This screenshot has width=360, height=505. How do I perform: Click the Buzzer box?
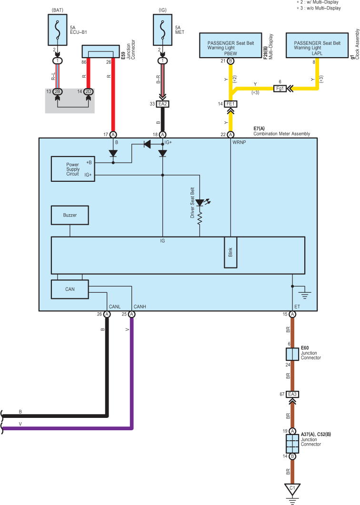[70, 215]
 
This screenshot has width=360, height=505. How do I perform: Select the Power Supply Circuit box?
[73, 169]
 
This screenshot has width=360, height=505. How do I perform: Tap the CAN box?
[70, 289]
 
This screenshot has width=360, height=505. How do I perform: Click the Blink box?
[230, 252]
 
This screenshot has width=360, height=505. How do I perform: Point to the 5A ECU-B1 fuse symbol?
[58, 30]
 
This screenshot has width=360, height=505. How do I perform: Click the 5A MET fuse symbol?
[163, 30]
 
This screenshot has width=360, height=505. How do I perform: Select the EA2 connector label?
[162, 104]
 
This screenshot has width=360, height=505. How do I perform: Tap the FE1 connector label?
[230, 104]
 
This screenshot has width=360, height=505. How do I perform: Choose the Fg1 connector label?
[280, 89]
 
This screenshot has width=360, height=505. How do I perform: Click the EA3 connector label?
[292, 394]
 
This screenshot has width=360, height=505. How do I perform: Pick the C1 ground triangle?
[292, 489]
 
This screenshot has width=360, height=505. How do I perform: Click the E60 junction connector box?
[292, 354]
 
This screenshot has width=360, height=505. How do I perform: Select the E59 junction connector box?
[101, 51]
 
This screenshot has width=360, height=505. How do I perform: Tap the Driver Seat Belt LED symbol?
[200, 203]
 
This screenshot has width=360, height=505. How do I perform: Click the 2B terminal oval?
[57, 92]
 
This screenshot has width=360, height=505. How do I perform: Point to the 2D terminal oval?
[89, 92]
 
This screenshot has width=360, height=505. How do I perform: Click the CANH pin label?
[140, 307]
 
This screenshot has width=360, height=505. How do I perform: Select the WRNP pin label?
[239, 142]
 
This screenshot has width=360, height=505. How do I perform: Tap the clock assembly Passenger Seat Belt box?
[317, 45]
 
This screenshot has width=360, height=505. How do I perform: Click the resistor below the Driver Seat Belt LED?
[200, 218]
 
